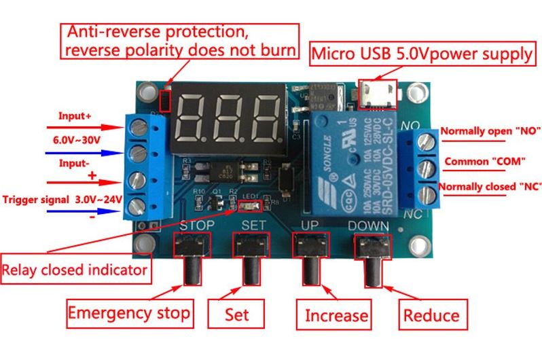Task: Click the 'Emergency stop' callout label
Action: tap(129, 314)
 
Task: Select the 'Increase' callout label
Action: tap(336, 315)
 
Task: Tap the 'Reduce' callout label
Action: tap(431, 315)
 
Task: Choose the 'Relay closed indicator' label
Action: tap(75, 270)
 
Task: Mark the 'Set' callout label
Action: tap(237, 314)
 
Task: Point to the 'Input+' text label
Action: tap(75, 115)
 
